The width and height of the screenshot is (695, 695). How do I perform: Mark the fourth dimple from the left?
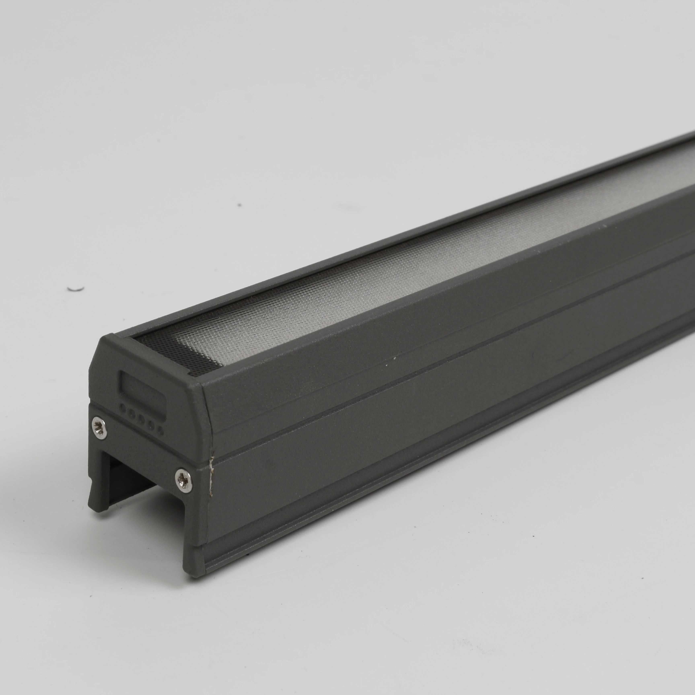151,425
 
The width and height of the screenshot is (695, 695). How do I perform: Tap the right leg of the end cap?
194,561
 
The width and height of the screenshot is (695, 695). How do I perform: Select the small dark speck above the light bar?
239,205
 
